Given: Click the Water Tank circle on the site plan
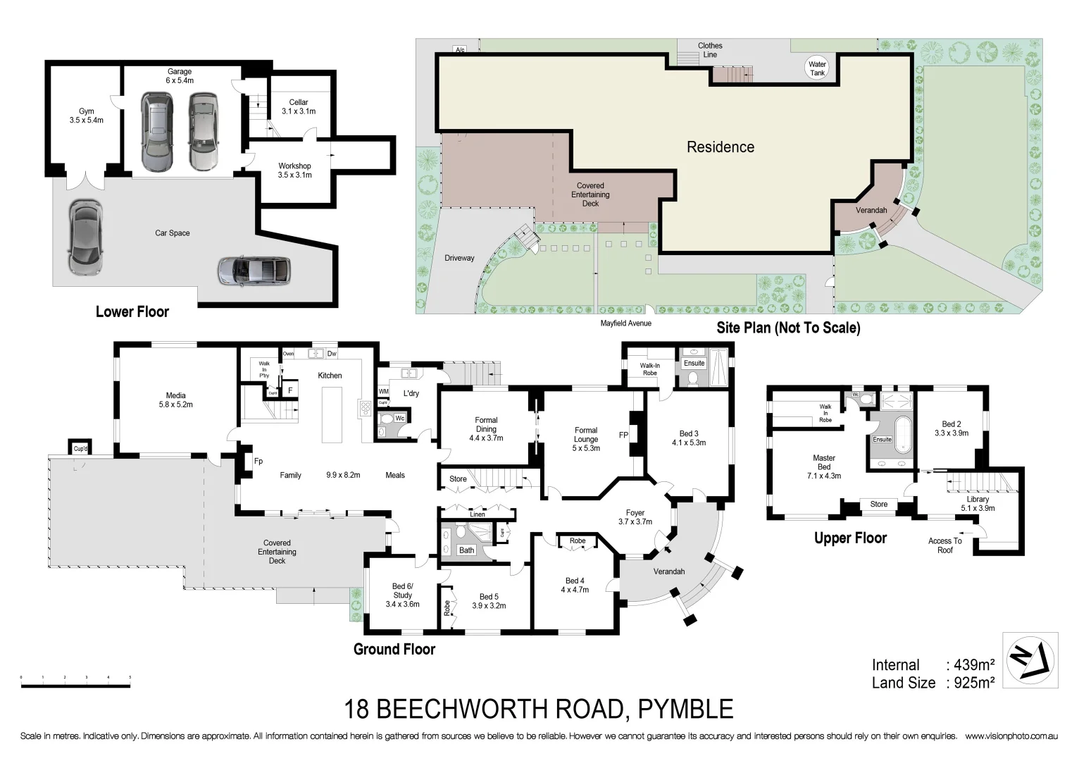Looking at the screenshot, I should coord(817,68).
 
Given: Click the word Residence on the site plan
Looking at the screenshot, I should coord(720,147).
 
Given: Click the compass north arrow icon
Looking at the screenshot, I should coord(1030,660).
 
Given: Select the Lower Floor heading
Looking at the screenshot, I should coord(132,311).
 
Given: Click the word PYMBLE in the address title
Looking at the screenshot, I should coord(685,709).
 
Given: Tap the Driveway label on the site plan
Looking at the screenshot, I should coord(459,258).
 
